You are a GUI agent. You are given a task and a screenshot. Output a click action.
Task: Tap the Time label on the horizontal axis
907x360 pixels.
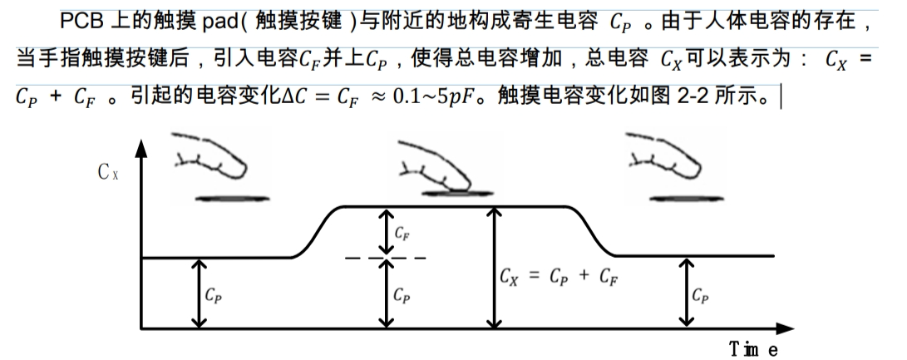click(x=753, y=349)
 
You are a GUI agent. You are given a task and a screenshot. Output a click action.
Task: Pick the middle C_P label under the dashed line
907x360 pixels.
click(x=402, y=293)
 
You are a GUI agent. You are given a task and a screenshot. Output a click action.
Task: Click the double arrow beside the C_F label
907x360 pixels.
click(x=386, y=232)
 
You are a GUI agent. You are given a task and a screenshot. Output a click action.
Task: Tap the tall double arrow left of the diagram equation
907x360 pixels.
click(x=495, y=267)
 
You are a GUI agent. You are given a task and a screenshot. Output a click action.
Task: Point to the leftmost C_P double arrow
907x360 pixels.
click(x=198, y=293)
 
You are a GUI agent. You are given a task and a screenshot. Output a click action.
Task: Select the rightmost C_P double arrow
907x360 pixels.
click(x=686, y=293)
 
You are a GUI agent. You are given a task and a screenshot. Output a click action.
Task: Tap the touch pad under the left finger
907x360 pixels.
click(x=224, y=198)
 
